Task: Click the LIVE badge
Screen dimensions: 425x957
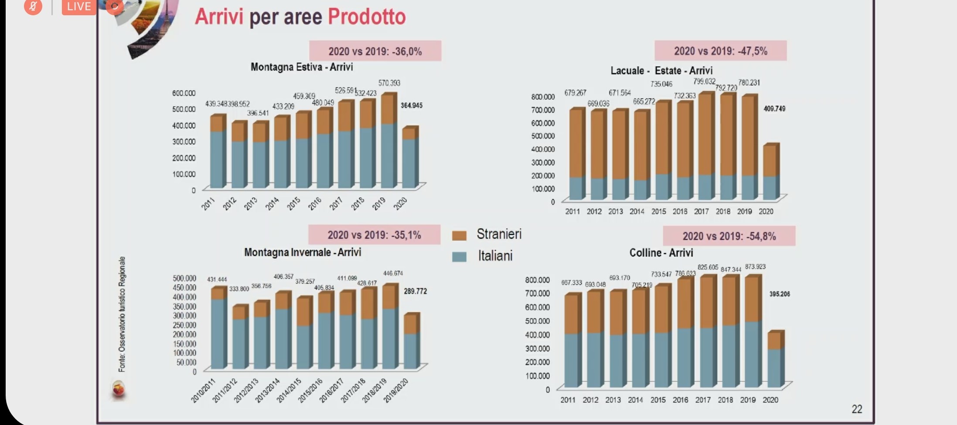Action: pos(78,7)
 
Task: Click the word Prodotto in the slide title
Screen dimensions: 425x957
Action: pos(367,17)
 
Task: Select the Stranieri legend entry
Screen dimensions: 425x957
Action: pos(498,234)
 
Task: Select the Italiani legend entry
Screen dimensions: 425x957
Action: pos(495,256)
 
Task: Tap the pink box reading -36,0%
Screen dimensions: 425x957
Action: pos(375,51)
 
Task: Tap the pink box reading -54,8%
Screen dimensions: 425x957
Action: pos(729,236)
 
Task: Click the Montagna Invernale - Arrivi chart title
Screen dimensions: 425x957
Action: pos(303,252)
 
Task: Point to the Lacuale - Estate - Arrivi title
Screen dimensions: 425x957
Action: pos(661,71)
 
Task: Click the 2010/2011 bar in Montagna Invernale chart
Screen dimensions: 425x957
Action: pos(218,329)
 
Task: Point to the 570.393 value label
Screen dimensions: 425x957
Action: pos(389,83)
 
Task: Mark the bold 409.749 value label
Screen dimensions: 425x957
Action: pos(774,108)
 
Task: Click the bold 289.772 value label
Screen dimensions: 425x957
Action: pos(415,291)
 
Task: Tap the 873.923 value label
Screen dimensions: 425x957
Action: pos(755,266)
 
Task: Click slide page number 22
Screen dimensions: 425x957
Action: pos(857,409)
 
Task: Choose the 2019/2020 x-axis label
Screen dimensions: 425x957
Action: pos(396,390)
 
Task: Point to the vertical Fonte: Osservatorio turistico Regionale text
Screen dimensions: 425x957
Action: pos(122,314)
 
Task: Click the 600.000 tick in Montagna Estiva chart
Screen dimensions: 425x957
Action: pos(184,93)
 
